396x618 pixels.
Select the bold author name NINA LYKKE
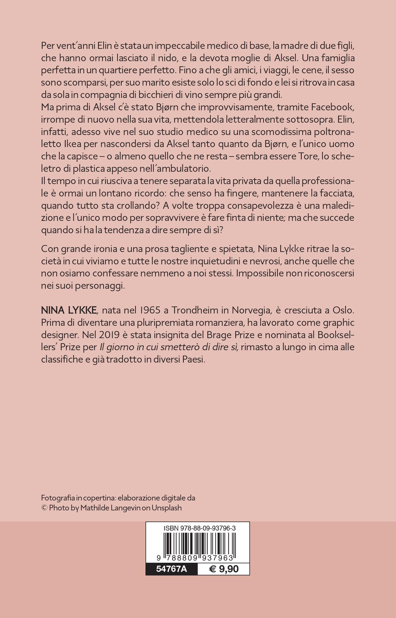pos(69,310)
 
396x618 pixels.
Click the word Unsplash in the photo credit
pos(167,508)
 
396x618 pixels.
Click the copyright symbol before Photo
pos(44,508)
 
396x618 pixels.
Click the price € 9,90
pos(224,569)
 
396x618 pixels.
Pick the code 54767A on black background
pos(171,569)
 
